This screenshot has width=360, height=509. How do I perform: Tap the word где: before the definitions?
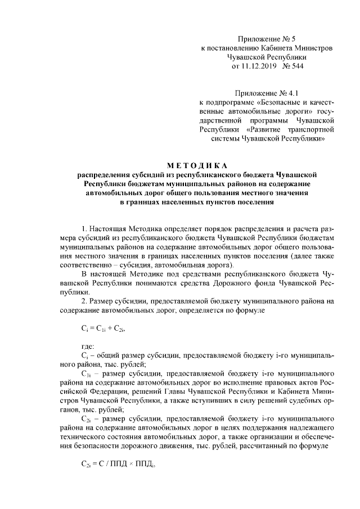pyautogui.click(x=88, y=347)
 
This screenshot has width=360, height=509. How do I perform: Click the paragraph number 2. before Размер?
pyautogui.click(x=84, y=301)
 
